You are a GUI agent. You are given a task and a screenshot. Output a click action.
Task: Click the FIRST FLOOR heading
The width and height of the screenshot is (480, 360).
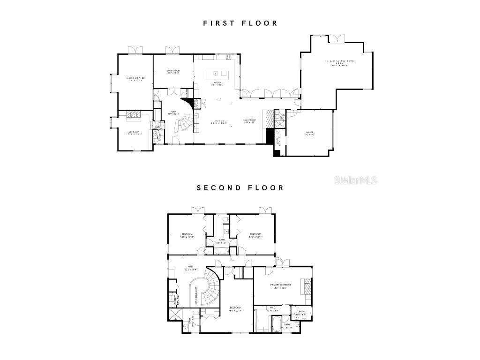tap(240, 23)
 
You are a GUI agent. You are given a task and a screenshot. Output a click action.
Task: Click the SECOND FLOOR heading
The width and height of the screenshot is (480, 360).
tap(240, 188)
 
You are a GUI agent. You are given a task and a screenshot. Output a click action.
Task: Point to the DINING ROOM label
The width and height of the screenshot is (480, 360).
tap(173, 71)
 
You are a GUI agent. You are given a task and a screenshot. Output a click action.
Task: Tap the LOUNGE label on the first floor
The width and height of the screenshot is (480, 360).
tap(219, 122)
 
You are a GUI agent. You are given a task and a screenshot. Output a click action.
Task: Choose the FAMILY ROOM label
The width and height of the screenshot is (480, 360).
tap(249, 121)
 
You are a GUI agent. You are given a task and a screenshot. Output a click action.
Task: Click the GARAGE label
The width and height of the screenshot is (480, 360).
tap(310, 133)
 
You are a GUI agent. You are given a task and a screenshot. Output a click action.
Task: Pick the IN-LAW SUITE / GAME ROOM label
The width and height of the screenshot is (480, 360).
tap(337, 63)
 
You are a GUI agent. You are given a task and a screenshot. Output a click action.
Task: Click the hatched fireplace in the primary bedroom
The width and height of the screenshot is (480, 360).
tap(307, 286)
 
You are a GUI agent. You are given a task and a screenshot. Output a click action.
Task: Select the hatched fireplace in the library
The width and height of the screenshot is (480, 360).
tap(135, 114)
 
